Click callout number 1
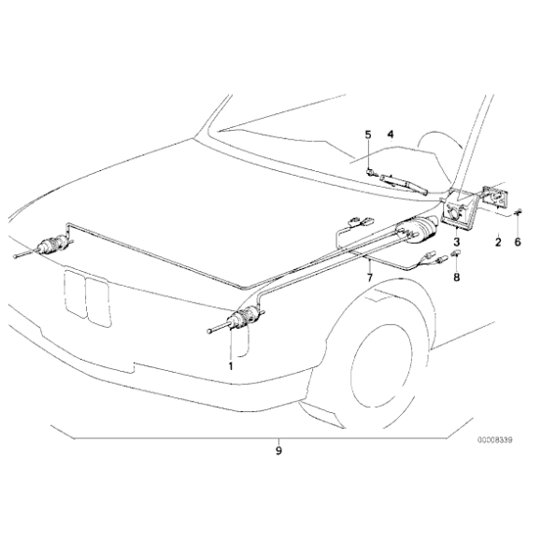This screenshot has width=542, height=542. click(x=231, y=365)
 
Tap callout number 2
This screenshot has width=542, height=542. click(x=498, y=242)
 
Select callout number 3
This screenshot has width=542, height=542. click(x=457, y=242)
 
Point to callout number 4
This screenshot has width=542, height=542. click(x=391, y=135)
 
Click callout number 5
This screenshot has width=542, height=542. click(x=368, y=135)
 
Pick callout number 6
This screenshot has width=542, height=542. click(x=518, y=242)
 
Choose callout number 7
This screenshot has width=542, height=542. click(x=370, y=278)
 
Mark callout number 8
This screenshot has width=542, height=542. click(x=457, y=277)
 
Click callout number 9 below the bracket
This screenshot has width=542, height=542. click(x=278, y=450)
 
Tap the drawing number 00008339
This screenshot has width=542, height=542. click(x=495, y=440)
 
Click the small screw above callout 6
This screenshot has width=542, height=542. click(x=518, y=212)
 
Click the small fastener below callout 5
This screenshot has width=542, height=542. click(x=370, y=171)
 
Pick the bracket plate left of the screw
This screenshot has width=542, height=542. click(x=495, y=196)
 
